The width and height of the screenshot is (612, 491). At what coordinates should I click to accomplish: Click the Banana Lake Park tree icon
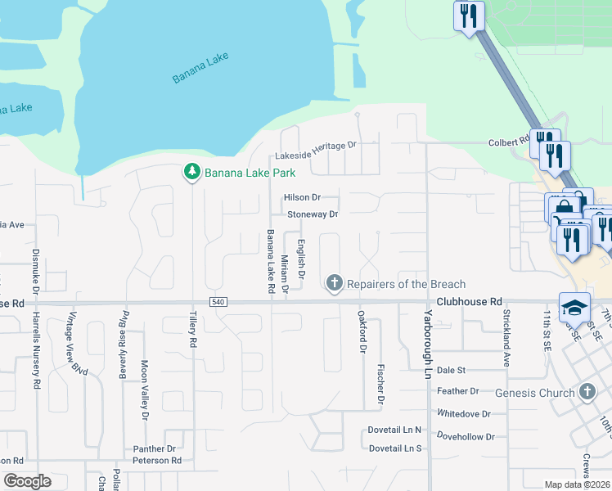tap(192, 172)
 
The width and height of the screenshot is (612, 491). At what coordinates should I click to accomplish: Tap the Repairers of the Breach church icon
tap(334, 283)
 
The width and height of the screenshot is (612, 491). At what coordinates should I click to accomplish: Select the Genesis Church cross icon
tap(587, 393)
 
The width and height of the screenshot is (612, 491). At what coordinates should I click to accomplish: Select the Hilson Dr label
tap(302, 197)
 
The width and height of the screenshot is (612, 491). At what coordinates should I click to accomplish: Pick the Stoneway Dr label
tap(313, 214)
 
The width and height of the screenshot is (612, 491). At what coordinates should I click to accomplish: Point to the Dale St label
tap(451, 370)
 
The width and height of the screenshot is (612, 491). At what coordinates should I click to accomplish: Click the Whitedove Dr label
tap(464, 414)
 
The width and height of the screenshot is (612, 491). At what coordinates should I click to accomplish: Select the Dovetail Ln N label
tap(394, 430)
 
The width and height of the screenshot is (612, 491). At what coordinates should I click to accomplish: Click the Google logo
tap(27, 481)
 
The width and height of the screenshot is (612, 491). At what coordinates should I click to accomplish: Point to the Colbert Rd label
tap(508, 142)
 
